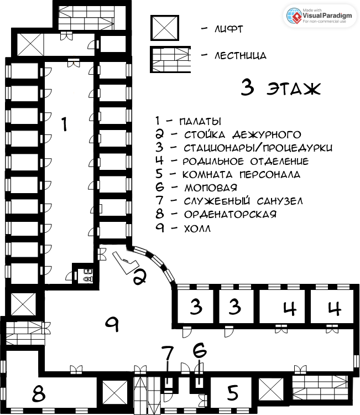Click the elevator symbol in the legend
[165, 28]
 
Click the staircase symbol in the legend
[170, 59]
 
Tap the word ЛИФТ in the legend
[228, 29]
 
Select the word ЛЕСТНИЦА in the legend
[241, 55]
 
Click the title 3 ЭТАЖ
[281, 87]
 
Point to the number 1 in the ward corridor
[64, 124]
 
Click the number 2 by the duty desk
[139, 277]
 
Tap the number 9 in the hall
[112, 324]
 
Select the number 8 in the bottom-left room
[39, 393]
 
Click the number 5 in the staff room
[233, 392]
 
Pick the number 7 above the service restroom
[168, 354]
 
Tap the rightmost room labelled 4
[332, 307]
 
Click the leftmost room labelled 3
[195, 307]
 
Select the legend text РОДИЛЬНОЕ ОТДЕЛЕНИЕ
[246, 161]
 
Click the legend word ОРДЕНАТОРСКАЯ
[230, 214]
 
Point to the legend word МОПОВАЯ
[211, 188]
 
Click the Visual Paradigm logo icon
[294, 16]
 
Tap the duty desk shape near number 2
[126, 262]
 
